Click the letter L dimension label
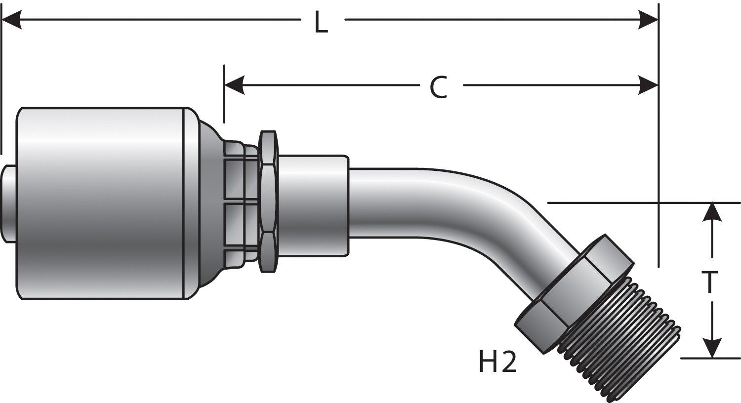(322, 23)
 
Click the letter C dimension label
(438, 87)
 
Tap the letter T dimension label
(710, 282)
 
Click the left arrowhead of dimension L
(11, 20)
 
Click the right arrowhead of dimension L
(648, 20)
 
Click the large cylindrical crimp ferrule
(101, 202)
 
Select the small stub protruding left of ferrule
(8, 203)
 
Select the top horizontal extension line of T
(642, 202)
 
